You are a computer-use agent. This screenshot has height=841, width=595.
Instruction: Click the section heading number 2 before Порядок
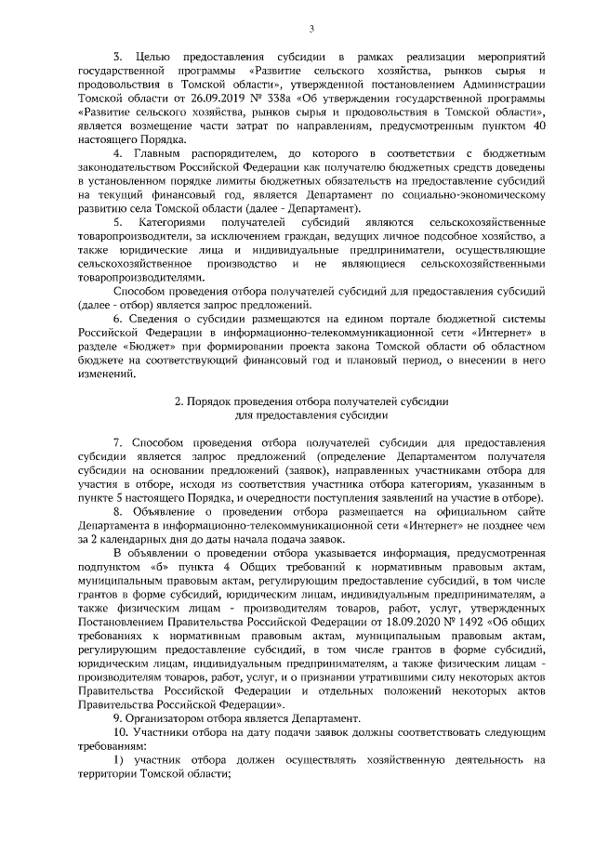tap(179, 401)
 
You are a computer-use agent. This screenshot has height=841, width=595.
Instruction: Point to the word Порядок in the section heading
tap(209, 401)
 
